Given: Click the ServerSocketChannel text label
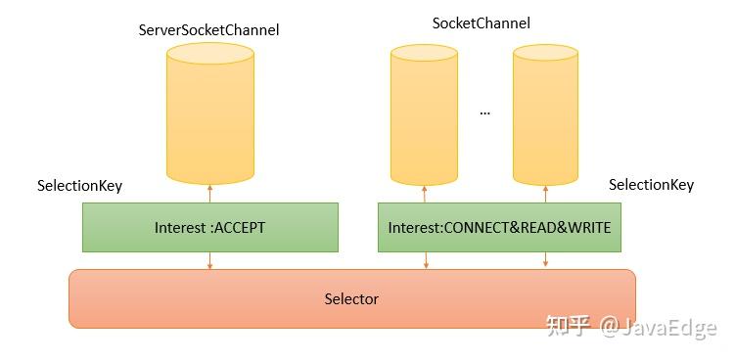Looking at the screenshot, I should tap(209, 30).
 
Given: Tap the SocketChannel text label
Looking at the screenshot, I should tap(481, 23).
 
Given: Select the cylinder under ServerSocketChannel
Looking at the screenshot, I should tap(209, 112).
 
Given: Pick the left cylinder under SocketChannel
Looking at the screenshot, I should tap(425, 114).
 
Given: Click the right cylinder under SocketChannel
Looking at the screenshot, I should tap(546, 114).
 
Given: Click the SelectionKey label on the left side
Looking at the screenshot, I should tap(79, 185).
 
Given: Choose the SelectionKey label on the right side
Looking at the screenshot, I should tap(651, 184).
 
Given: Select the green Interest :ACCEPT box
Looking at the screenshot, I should tap(209, 227).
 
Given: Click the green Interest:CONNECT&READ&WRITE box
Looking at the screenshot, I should tap(499, 227).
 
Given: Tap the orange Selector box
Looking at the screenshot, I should tap(351, 298).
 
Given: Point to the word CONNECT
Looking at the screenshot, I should tap(474, 228).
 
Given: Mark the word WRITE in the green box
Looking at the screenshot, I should tap(588, 228).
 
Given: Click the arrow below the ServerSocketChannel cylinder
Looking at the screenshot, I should tap(209, 192).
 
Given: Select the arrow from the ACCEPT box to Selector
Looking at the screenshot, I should tap(209, 260).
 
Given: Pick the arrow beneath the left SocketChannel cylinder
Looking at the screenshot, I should tap(425, 192).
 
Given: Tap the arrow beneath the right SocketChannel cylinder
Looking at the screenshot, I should tap(546, 192).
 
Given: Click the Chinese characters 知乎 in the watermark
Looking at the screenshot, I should tap(568, 326).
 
